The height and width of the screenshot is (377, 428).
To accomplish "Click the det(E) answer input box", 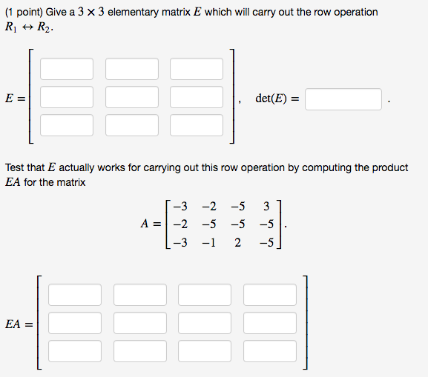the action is click(343, 99).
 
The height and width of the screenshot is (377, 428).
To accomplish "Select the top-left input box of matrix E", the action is click(67, 69).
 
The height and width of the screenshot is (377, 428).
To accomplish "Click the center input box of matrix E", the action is click(132, 97).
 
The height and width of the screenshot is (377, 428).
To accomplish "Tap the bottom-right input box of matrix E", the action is click(197, 125).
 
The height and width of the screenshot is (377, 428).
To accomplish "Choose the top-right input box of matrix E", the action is click(197, 69).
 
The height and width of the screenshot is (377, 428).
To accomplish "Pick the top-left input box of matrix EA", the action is click(75, 295).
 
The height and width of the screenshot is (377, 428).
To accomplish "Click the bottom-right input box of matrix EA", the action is click(270, 351).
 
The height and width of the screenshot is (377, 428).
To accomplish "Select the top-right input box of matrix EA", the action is click(270, 295).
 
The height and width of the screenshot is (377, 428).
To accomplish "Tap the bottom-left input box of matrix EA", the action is click(75, 351).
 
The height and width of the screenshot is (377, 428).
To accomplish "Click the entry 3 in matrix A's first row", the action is click(266, 207).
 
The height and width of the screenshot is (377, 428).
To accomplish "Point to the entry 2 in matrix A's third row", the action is click(237, 242).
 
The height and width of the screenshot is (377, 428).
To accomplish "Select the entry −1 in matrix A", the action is click(209, 242).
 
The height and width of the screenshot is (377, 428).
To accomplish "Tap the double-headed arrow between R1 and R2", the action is click(27, 27).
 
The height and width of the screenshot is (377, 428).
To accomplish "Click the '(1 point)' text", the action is click(24, 13).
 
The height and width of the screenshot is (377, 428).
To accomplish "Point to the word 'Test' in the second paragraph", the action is click(15, 167).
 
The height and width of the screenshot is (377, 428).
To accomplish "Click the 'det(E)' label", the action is click(271, 99).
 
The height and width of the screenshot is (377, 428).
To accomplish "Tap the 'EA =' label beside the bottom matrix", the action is click(19, 324).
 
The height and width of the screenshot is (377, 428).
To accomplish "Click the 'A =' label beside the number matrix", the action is click(151, 224).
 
